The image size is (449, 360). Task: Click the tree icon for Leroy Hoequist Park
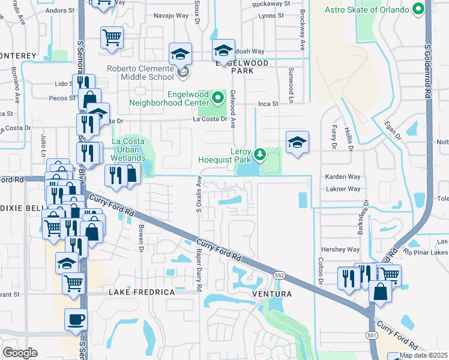pyautogui.click(x=259, y=155)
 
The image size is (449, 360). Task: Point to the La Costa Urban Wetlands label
pyautogui.click(x=128, y=150)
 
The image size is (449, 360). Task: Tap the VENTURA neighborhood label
pyautogui.click(x=272, y=294)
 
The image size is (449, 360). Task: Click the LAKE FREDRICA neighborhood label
pyautogui.click(x=142, y=292)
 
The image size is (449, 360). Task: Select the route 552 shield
pyautogui.click(x=279, y=275)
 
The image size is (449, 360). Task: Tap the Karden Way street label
pyautogui.click(x=342, y=178)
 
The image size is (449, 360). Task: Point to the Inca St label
pyautogui.click(x=268, y=104)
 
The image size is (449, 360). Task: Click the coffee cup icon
pyautogui.click(x=76, y=320)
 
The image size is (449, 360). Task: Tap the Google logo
pyautogui.click(x=20, y=352)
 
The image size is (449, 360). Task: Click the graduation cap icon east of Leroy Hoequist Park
pyautogui.click(x=297, y=142)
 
